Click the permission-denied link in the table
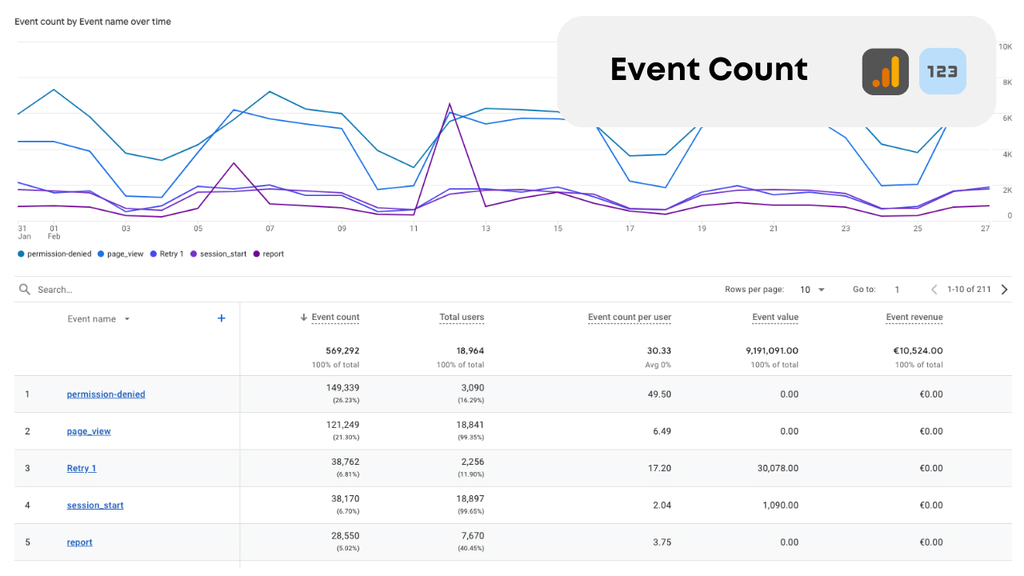[x=106, y=394]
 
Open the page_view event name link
[x=89, y=431]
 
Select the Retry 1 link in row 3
[x=82, y=468]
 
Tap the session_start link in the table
[x=95, y=506]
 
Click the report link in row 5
[x=79, y=542]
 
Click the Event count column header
[x=335, y=318]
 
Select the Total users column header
[x=462, y=318]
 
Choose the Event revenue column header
[x=914, y=318]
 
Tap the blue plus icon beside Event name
[x=222, y=318]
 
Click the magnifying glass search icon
[x=25, y=290]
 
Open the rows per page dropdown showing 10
[x=812, y=290]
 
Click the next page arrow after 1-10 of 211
[x=1005, y=290]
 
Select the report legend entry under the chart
[x=269, y=254]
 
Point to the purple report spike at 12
[x=450, y=104]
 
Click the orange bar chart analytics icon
[x=885, y=72]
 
